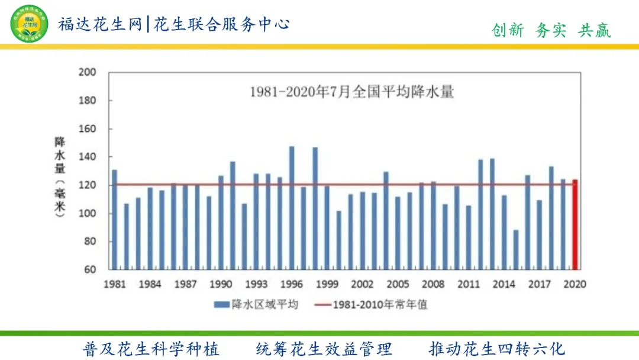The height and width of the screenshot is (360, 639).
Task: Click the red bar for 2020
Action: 575,224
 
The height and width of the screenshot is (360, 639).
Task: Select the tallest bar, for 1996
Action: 292,207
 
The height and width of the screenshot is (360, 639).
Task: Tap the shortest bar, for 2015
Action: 516,249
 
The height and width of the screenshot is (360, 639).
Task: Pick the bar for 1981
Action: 115,219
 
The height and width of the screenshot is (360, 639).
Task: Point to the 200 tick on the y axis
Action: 87,72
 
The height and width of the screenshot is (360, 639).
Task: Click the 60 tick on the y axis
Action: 89,270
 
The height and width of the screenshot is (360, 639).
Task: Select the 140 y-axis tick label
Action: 87,157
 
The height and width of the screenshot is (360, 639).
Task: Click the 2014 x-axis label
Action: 504,284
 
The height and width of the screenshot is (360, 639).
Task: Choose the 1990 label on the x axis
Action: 221,284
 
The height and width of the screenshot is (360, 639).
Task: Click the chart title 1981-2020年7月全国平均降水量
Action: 351,92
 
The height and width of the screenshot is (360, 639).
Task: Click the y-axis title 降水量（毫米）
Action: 60,178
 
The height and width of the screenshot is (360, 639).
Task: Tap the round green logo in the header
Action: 30,23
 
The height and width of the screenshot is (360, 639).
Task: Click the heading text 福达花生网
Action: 101,24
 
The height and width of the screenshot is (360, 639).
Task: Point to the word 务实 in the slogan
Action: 551,31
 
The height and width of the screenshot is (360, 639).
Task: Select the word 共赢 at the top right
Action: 594,31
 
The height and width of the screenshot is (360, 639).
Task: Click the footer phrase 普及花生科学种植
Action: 151,349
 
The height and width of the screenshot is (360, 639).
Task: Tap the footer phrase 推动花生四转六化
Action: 497,349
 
